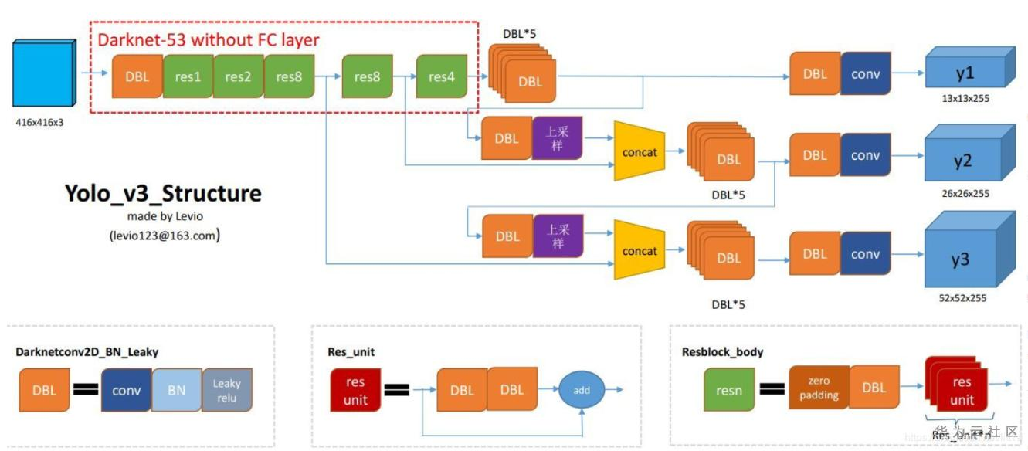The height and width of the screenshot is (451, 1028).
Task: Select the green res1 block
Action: point(187,76)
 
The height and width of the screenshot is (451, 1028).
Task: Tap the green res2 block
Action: point(238,76)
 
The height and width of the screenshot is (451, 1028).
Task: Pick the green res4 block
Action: point(442,76)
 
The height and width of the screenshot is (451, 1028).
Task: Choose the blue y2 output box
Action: point(962,161)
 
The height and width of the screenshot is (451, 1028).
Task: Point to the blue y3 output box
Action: point(960,259)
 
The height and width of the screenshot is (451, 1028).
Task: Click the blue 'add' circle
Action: point(582,390)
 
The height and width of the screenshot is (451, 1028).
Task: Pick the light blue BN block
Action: point(177,390)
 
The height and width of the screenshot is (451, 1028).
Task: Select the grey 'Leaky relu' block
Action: point(227,390)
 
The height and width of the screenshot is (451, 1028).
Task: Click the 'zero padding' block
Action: point(819,388)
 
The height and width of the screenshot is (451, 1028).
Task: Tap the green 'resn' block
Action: point(729,390)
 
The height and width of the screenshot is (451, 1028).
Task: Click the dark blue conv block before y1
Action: point(866,74)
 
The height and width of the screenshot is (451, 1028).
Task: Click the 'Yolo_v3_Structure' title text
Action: point(163,193)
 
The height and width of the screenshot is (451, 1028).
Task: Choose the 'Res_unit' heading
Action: point(351,352)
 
